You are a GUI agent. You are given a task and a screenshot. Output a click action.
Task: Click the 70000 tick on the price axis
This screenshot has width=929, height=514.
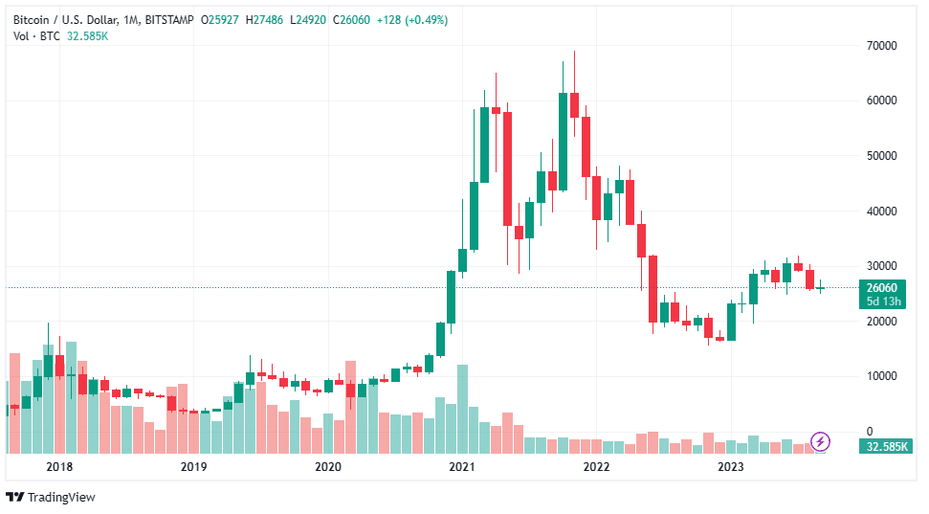pyautogui.click(x=881, y=46)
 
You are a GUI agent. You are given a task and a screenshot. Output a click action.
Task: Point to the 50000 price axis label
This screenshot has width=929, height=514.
pyautogui.click(x=881, y=156)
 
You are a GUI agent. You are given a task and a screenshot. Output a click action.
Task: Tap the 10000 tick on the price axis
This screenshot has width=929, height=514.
pyautogui.click(x=881, y=376)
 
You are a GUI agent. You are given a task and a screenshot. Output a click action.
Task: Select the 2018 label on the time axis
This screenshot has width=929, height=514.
pyautogui.click(x=59, y=467)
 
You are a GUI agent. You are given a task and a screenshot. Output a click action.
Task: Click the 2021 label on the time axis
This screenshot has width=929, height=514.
pyautogui.click(x=462, y=467)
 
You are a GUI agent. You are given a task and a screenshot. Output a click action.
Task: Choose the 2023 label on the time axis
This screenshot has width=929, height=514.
pyautogui.click(x=731, y=467)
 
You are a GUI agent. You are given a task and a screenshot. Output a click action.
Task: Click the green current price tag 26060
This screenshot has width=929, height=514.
pyautogui.click(x=880, y=287)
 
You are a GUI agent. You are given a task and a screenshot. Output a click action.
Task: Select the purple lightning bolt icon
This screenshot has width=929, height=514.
pyautogui.click(x=820, y=441)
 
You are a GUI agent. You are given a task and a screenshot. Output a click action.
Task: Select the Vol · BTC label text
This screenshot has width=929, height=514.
pyautogui.click(x=34, y=36)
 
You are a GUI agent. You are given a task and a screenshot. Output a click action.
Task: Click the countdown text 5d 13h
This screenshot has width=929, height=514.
pyautogui.click(x=880, y=302)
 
